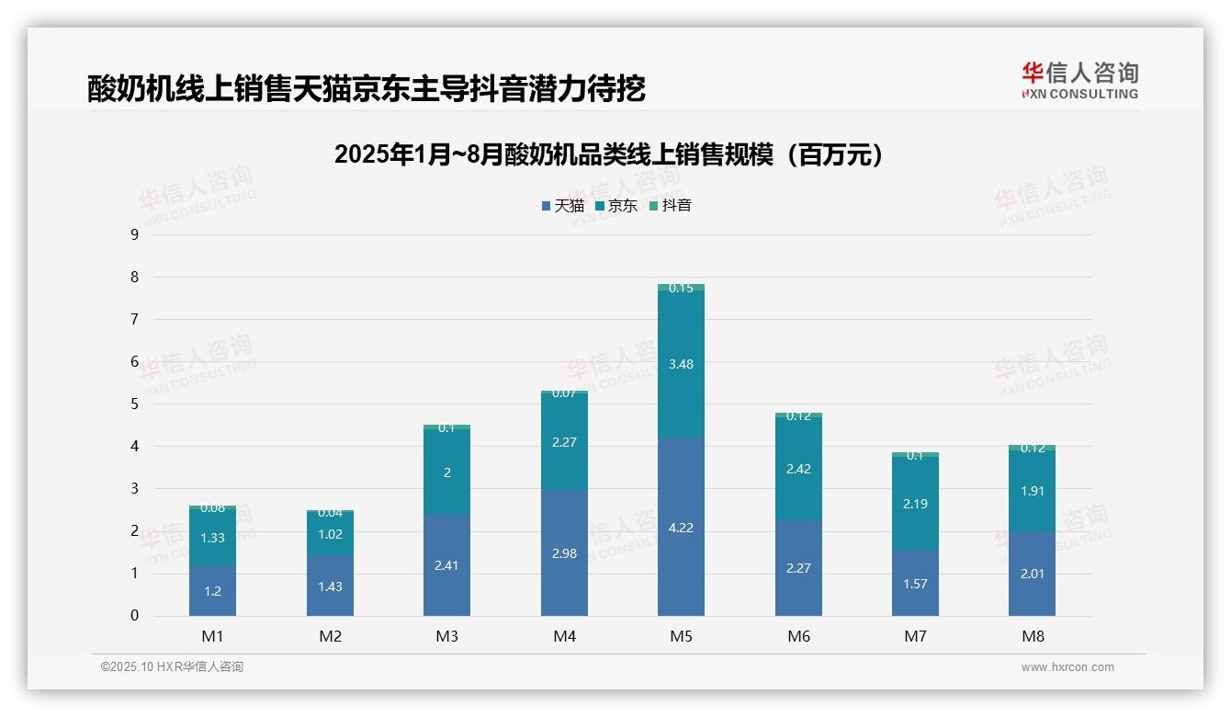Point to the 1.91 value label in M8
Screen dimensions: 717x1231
pyautogui.click(x=1032, y=491)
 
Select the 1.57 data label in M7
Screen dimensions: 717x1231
pyautogui.click(x=915, y=584)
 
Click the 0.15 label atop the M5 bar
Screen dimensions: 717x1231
pyautogui.click(x=681, y=288)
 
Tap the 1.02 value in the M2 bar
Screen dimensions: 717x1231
pyautogui.click(x=330, y=534)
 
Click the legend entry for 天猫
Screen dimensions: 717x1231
pyautogui.click(x=562, y=205)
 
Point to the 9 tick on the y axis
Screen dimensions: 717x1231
pyautogui.click(x=134, y=234)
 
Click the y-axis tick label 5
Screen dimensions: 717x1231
pyautogui.click(x=134, y=404)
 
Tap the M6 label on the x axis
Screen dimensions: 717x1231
pyautogui.click(x=798, y=636)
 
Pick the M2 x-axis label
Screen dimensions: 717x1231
pyautogui.click(x=330, y=636)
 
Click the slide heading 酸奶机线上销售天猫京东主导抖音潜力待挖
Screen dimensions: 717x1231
pyautogui.click(x=367, y=88)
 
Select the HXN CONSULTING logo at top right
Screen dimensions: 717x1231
pyautogui.click(x=1079, y=80)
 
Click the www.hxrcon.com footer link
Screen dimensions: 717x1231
pyautogui.click(x=1067, y=667)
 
